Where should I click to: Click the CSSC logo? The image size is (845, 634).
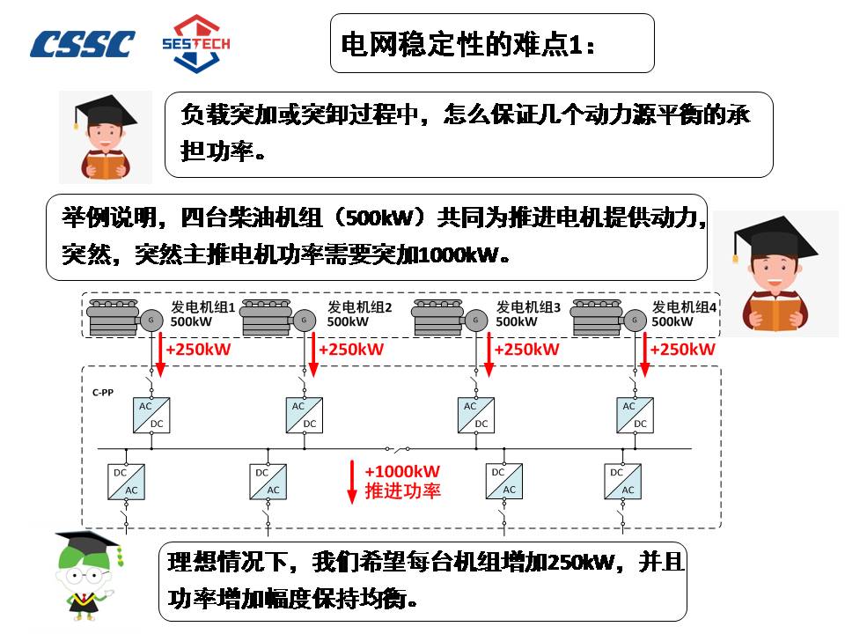[83, 44]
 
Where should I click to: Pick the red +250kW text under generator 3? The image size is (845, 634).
[526, 350]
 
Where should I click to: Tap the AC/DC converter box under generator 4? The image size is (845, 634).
[634, 414]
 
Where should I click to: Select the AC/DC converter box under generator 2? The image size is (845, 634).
[303, 414]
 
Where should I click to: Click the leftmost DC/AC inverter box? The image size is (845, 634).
[126, 481]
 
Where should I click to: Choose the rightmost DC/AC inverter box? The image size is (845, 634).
[622, 481]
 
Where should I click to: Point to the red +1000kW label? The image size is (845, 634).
[401, 472]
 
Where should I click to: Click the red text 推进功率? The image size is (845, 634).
[401, 491]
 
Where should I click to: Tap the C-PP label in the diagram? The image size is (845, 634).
[104, 389]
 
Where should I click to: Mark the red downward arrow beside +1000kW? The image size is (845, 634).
[353, 480]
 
